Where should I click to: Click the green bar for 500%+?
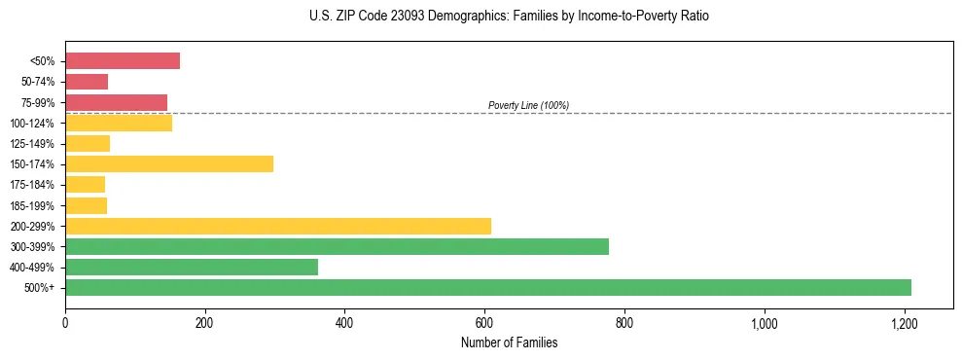(487, 287)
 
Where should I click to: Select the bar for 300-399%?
(337, 246)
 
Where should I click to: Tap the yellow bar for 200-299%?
(278, 226)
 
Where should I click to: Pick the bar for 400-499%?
(192, 267)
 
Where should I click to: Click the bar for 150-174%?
(169, 163)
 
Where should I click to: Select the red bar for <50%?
(123, 61)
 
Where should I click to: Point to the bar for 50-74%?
(87, 82)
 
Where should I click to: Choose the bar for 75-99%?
(116, 102)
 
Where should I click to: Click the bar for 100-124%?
(119, 123)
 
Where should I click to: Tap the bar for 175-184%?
(85, 184)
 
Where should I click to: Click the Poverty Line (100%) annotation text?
(528, 105)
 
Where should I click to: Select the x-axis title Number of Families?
(509, 342)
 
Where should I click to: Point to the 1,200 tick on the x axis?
(905, 322)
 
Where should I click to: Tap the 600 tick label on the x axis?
(484, 322)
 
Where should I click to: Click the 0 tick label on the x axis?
(65, 322)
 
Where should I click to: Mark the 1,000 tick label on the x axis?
(765, 322)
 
